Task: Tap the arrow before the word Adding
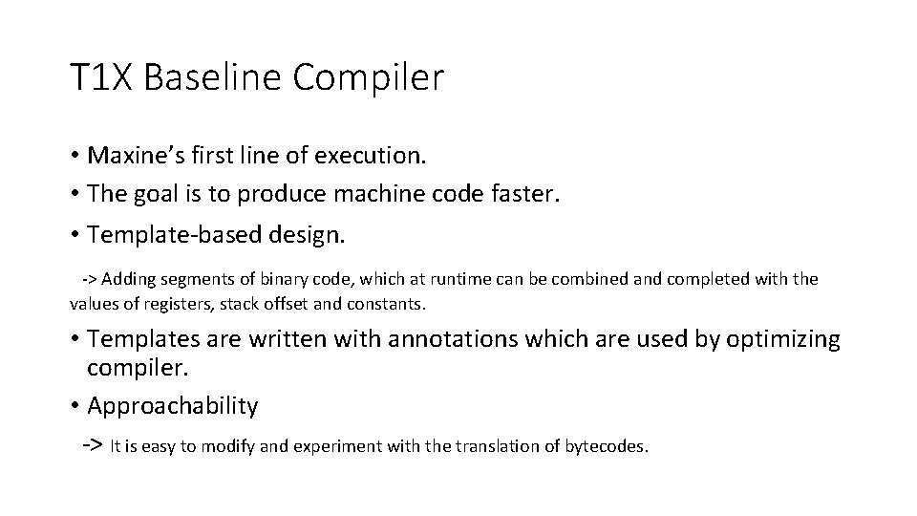coord(88,280)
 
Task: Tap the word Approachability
coord(172,405)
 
